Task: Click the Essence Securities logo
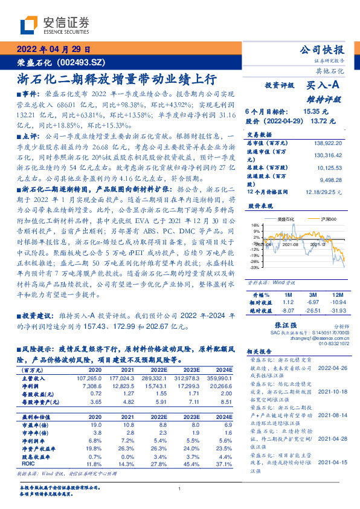pos(54,25)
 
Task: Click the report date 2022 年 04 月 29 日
pos(54,50)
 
